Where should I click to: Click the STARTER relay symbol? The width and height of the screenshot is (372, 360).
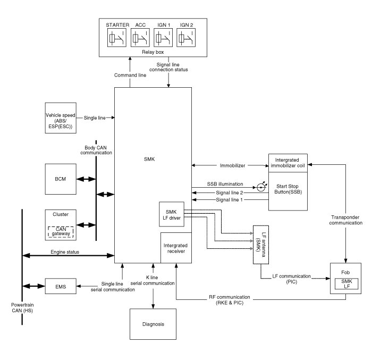click(117, 38)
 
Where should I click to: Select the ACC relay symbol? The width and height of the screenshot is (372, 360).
click(140, 38)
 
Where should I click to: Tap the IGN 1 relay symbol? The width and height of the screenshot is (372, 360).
click(163, 38)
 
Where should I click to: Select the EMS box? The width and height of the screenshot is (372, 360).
click(60, 286)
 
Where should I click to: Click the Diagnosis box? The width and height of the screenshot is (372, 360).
click(153, 324)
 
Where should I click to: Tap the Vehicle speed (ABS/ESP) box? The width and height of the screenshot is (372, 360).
click(60, 116)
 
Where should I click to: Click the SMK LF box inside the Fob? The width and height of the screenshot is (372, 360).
click(346, 283)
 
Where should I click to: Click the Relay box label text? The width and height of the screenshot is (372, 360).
click(153, 53)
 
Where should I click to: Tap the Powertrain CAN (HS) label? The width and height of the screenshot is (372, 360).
click(22, 310)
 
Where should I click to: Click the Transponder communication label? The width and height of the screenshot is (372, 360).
click(346, 220)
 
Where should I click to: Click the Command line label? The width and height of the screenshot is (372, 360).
click(130, 76)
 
